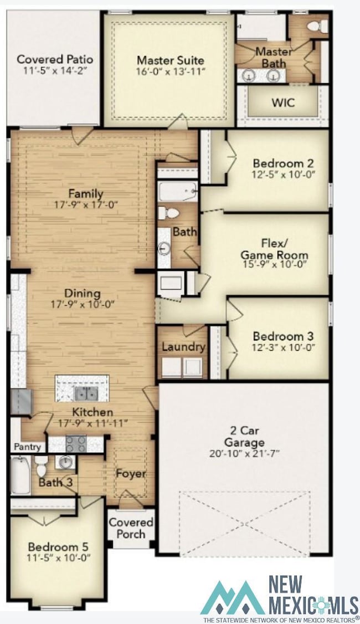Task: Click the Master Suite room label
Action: coord(170,60)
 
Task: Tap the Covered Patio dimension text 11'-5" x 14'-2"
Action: coord(54,70)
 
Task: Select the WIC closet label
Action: coord(282,103)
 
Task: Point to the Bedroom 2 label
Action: coord(283,163)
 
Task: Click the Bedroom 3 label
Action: coord(283,336)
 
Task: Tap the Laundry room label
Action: coord(183,347)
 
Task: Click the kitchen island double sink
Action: coord(86,393)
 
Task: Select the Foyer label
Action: coord(131,474)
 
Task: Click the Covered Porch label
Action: coord(131,528)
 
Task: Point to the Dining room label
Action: coord(82,293)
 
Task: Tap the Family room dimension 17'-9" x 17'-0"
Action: coord(85,204)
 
